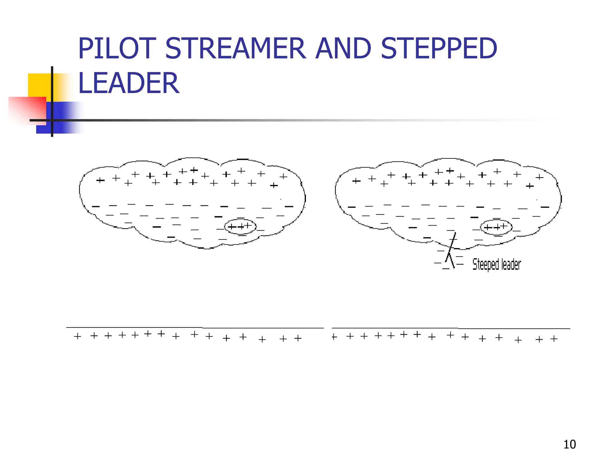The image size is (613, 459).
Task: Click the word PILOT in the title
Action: tap(117, 48)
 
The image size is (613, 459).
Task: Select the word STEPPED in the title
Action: tap(439, 48)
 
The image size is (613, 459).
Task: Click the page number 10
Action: tap(570, 444)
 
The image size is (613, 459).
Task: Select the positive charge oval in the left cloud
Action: tap(240, 227)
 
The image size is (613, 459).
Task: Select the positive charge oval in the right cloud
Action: tap(496, 227)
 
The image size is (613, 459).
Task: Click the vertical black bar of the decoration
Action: tap(52, 102)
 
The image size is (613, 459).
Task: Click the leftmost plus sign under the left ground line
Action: tap(78, 336)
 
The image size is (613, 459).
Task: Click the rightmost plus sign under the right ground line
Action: tap(554, 339)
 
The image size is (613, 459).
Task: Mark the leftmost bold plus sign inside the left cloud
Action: tap(100, 180)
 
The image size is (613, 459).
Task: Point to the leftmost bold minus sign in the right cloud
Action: tap(351, 207)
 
